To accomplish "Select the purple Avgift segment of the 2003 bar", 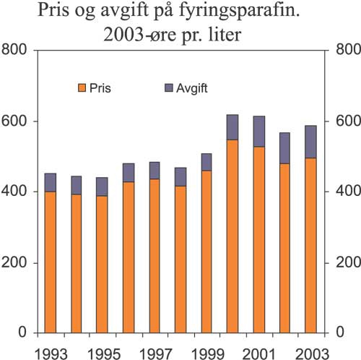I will (x=310, y=141).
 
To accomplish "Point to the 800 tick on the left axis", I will (x=15, y=50).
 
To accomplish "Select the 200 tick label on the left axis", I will (x=15, y=263).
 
